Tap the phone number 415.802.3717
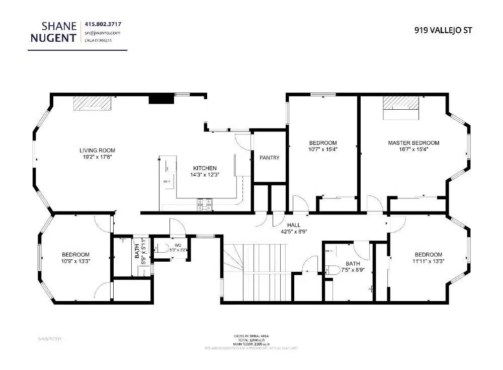click(103, 24)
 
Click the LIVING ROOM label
click(97, 151)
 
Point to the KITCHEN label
click(205, 168)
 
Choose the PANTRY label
click(269, 158)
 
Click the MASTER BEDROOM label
click(413, 143)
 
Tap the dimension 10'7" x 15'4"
click(322, 150)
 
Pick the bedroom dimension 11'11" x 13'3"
click(429, 261)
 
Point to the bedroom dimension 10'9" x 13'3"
click(75, 261)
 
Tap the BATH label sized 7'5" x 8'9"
click(353, 263)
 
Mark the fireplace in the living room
click(92, 103)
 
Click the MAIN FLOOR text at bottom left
click(50, 339)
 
